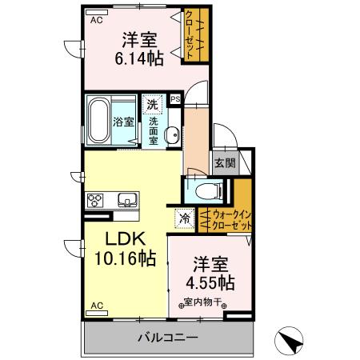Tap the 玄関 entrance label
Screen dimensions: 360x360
[x=224, y=163]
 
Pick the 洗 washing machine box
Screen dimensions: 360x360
[x=152, y=104]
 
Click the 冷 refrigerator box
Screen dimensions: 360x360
[x=184, y=216]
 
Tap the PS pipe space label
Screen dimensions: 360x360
[x=175, y=99]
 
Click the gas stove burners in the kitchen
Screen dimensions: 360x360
[x=96, y=200]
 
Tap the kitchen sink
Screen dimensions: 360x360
[x=128, y=200]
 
